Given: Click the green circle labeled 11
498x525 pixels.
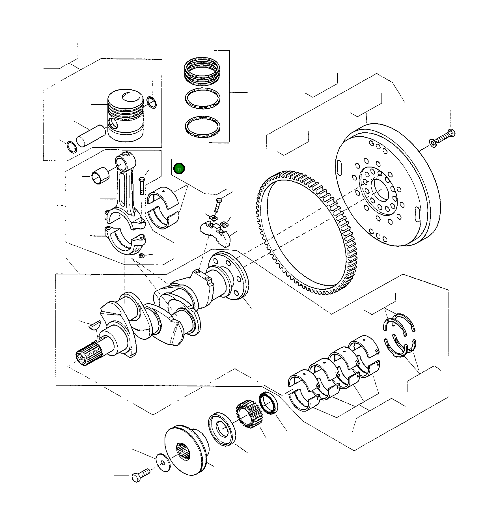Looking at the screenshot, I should coord(179,169).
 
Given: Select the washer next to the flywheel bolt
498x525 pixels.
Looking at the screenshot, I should coord(432,143).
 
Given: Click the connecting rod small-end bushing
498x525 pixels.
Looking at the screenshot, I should coord(100,176).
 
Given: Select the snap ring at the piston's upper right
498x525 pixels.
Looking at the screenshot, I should coord(152,102).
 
